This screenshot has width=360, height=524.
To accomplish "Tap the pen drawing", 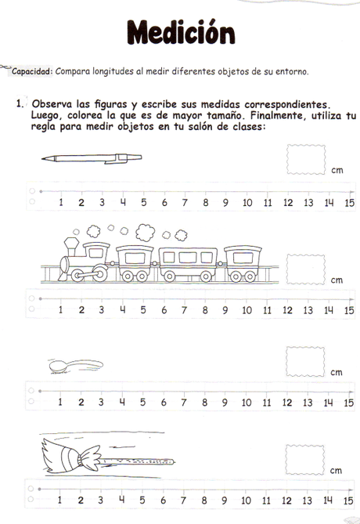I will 86,157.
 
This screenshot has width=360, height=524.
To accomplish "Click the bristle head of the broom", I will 56,454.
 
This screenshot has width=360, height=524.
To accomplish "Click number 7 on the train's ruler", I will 185,309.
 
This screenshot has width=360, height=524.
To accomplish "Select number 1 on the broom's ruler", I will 60,501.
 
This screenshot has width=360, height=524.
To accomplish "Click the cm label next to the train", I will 337,280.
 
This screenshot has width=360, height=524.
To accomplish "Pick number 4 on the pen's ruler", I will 123,202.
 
